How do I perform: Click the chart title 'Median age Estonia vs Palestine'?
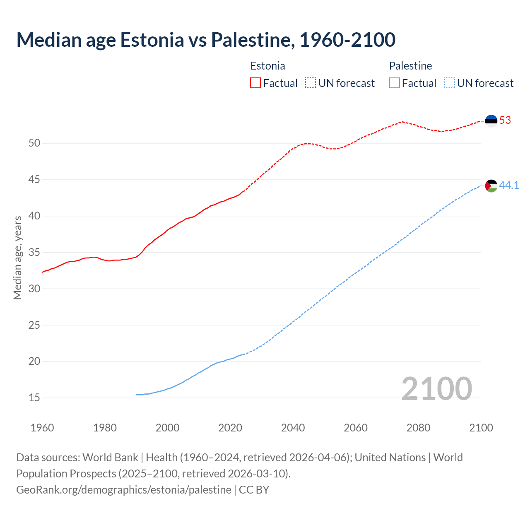click(206, 40)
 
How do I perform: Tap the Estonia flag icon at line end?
click(491, 120)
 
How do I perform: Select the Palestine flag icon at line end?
click(491, 186)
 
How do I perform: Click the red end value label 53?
click(505, 120)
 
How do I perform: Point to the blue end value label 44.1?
click(509, 185)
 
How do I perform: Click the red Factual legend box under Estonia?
click(255, 83)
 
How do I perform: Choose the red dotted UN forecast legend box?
click(311, 83)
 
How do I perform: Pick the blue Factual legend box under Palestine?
click(395, 83)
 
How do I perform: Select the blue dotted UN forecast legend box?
click(450, 83)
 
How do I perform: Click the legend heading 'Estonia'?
click(267, 66)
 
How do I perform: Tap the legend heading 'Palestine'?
click(410, 66)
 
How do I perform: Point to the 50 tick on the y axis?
click(34, 143)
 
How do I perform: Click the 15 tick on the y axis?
click(34, 398)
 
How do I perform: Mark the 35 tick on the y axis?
click(34, 253)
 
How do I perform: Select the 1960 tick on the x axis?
click(42, 428)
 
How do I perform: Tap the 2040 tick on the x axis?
click(293, 428)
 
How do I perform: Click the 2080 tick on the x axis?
click(418, 428)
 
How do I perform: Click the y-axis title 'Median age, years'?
click(17, 258)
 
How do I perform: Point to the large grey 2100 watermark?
click(437, 388)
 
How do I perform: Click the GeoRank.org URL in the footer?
click(124, 490)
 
